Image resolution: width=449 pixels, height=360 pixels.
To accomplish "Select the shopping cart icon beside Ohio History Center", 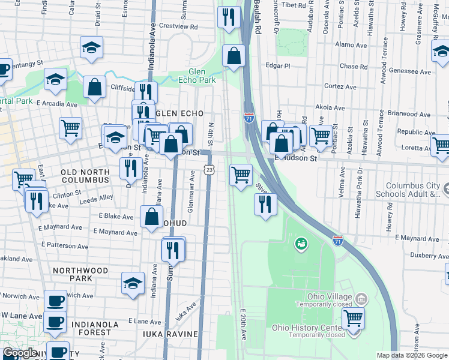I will pos(353,317).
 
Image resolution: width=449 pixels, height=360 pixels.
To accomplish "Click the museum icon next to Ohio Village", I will pos(361,299).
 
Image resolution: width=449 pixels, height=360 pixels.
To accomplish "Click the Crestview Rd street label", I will pos(178,27).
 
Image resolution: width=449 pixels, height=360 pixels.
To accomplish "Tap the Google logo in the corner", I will pos(20,353).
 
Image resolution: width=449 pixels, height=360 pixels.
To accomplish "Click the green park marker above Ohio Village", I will pos(300,244).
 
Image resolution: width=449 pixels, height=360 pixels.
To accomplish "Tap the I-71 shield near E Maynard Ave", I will pos(338,239).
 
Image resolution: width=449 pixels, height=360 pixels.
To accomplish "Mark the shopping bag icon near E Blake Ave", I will pos(152,217).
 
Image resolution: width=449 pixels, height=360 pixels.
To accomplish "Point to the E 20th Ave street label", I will pos(244,325).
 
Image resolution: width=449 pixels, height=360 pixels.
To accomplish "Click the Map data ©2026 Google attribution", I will pos(411,355).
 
